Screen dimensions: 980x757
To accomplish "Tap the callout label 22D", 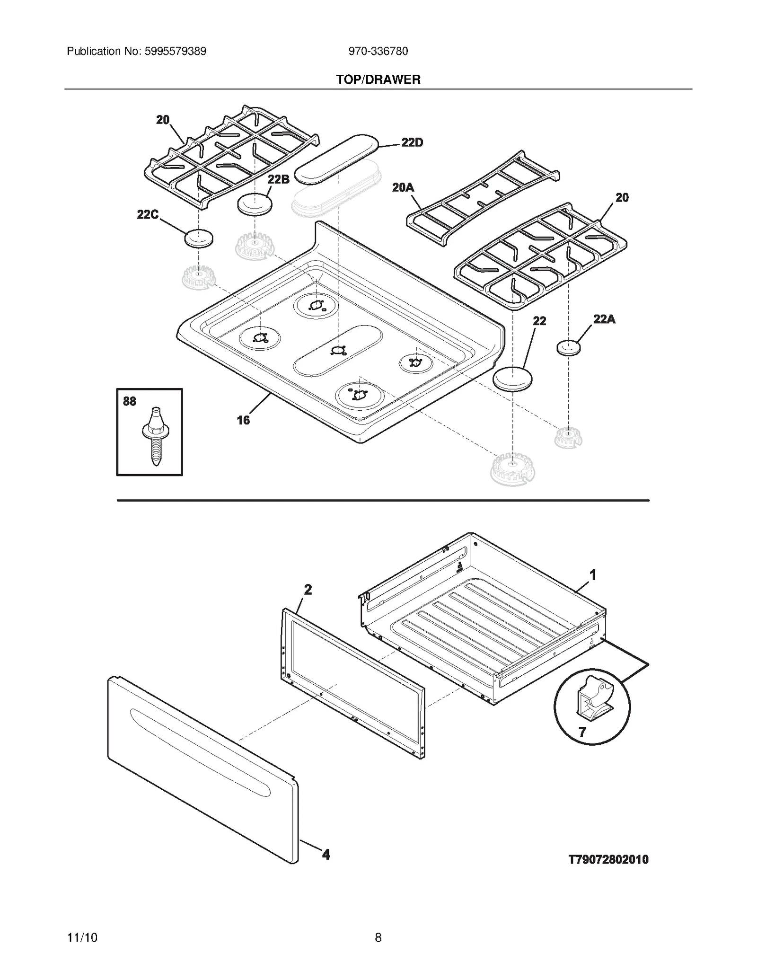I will tap(412, 142).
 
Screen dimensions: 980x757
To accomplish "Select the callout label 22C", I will tap(147, 215).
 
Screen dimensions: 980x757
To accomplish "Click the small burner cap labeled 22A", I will tap(568, 347).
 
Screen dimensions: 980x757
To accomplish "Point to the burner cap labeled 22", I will tap(512, 379).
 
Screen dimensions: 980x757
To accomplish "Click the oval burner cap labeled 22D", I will tap(337, 159).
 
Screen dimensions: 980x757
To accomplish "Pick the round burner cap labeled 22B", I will tap(255, 204).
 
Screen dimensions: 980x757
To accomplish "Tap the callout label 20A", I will tap(403, 188).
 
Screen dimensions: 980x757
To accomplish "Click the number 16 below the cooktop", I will tap(243, 420).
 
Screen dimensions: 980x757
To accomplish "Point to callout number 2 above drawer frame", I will tap(308, 590).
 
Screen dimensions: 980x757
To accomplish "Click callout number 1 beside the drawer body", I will tap(592, 575).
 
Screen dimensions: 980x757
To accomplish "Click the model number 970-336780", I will tap(378, 51).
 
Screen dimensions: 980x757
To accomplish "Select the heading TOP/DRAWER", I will tap(378, 79).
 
